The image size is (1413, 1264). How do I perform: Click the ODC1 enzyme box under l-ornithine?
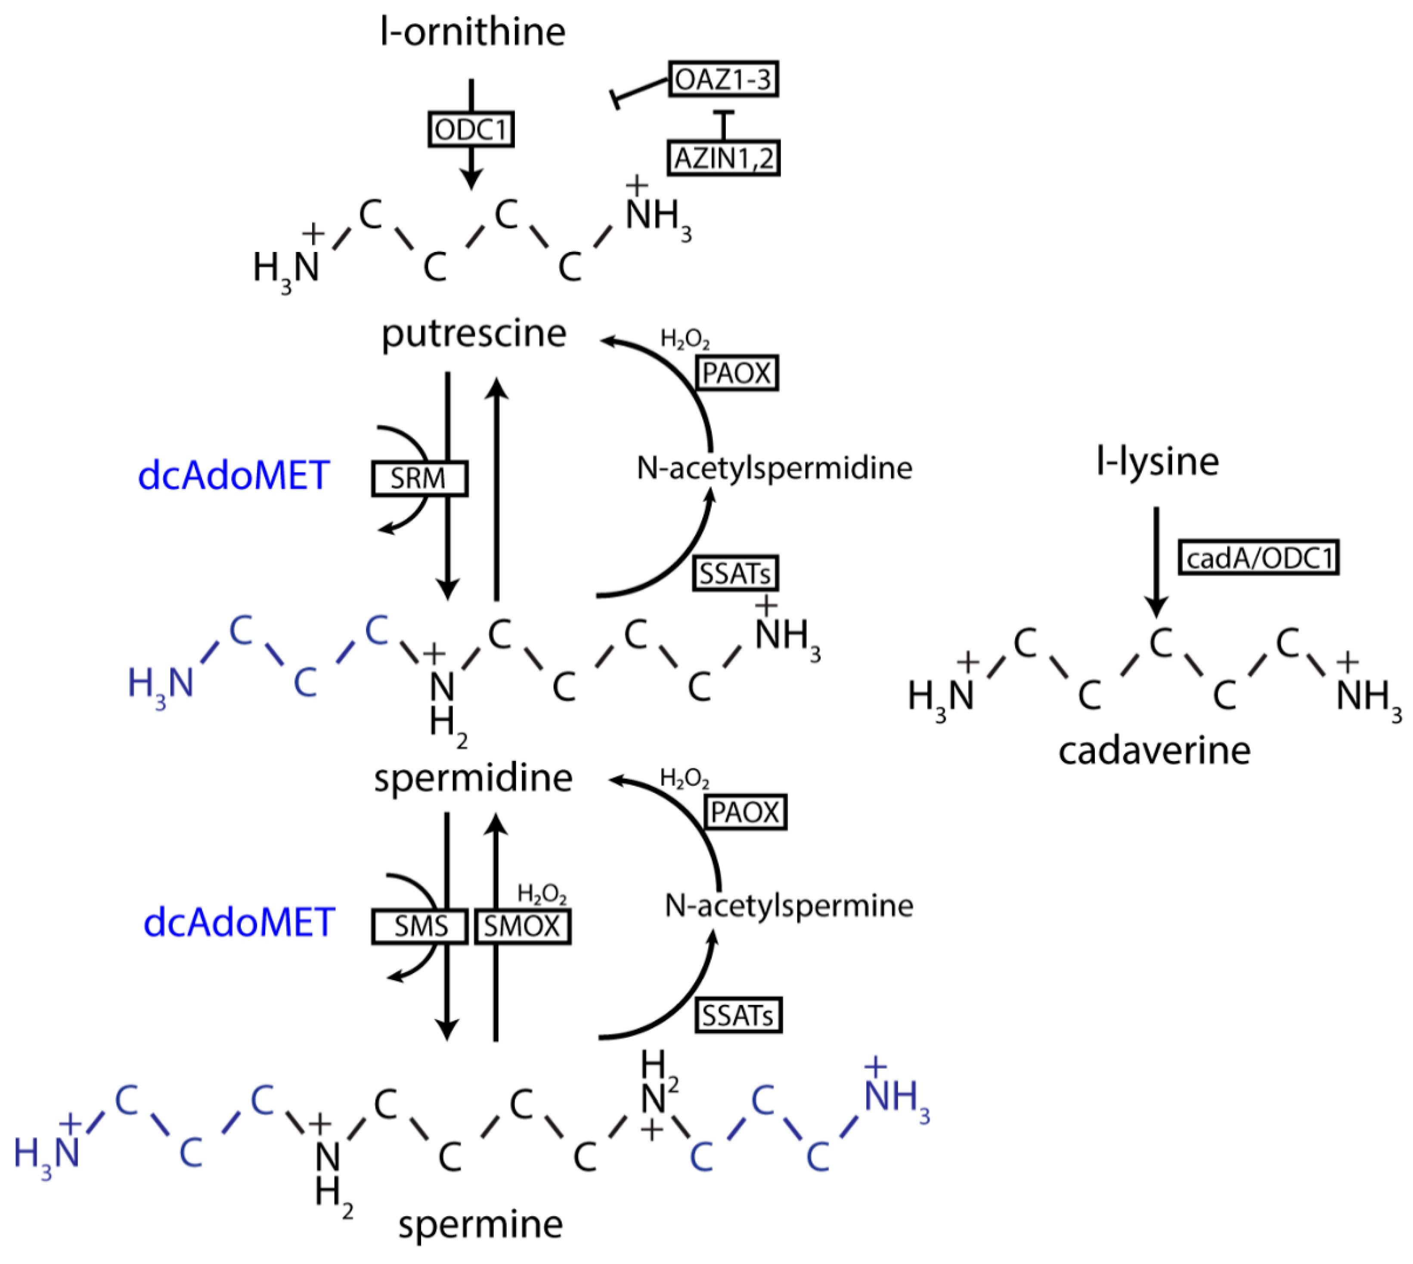tap(470, 129)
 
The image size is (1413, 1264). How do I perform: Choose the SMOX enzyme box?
tap(522, 926)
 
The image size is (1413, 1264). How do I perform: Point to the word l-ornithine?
tap(473, 32)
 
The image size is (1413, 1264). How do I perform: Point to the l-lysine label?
tap(1157, 461)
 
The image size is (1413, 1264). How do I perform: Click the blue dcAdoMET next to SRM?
tap(233, 476)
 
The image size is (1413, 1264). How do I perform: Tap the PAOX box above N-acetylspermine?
tap(745, 811)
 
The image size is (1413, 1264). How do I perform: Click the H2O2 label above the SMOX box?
tap(542, 894)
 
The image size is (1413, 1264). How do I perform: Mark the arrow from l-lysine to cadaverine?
tap(1156, 562)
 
